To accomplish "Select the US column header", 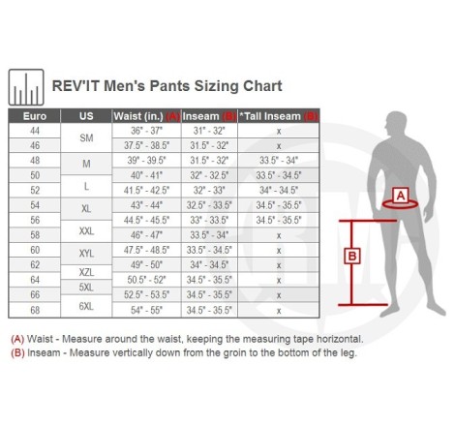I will [85, 115].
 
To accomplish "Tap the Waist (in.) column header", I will [146, 115].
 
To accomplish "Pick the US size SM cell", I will [85, 137].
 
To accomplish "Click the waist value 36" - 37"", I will [146, 130].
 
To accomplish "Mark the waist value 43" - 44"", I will [146, 204].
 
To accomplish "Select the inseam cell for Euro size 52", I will [208, 190].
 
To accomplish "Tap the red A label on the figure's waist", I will [399, 196].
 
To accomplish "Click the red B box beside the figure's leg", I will [353, 257].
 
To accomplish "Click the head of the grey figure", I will [397, 123].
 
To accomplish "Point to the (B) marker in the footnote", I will [16, 353].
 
